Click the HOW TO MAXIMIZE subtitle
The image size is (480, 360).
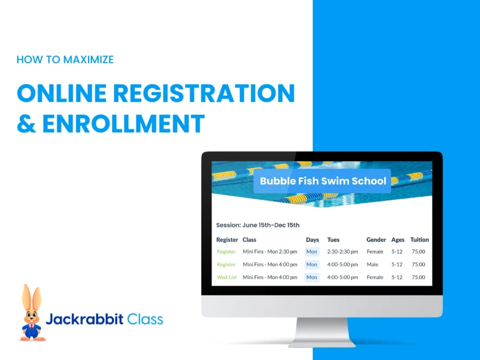tap(65, 60)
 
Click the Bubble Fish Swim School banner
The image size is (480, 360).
tap(322, 181)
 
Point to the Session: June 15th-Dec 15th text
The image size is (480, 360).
tap(257, 225)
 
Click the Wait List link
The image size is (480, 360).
tap(227, 277)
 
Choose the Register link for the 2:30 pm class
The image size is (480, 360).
tap(226, 252)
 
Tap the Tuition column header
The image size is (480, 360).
tap(420, 240)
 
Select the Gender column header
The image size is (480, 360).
tap(376, 240)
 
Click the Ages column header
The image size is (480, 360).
tap(397, 240)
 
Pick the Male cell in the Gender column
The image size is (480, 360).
tap(373, 264)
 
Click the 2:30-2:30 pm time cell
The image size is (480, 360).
tap(342, 252)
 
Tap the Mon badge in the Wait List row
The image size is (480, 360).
tap(312, 277)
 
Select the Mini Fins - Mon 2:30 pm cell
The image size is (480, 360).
tap(270, 252)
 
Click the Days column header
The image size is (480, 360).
tap(312, 240)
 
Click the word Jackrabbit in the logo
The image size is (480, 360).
tap(84, 320)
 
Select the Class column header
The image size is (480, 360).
tap(249, 240)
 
